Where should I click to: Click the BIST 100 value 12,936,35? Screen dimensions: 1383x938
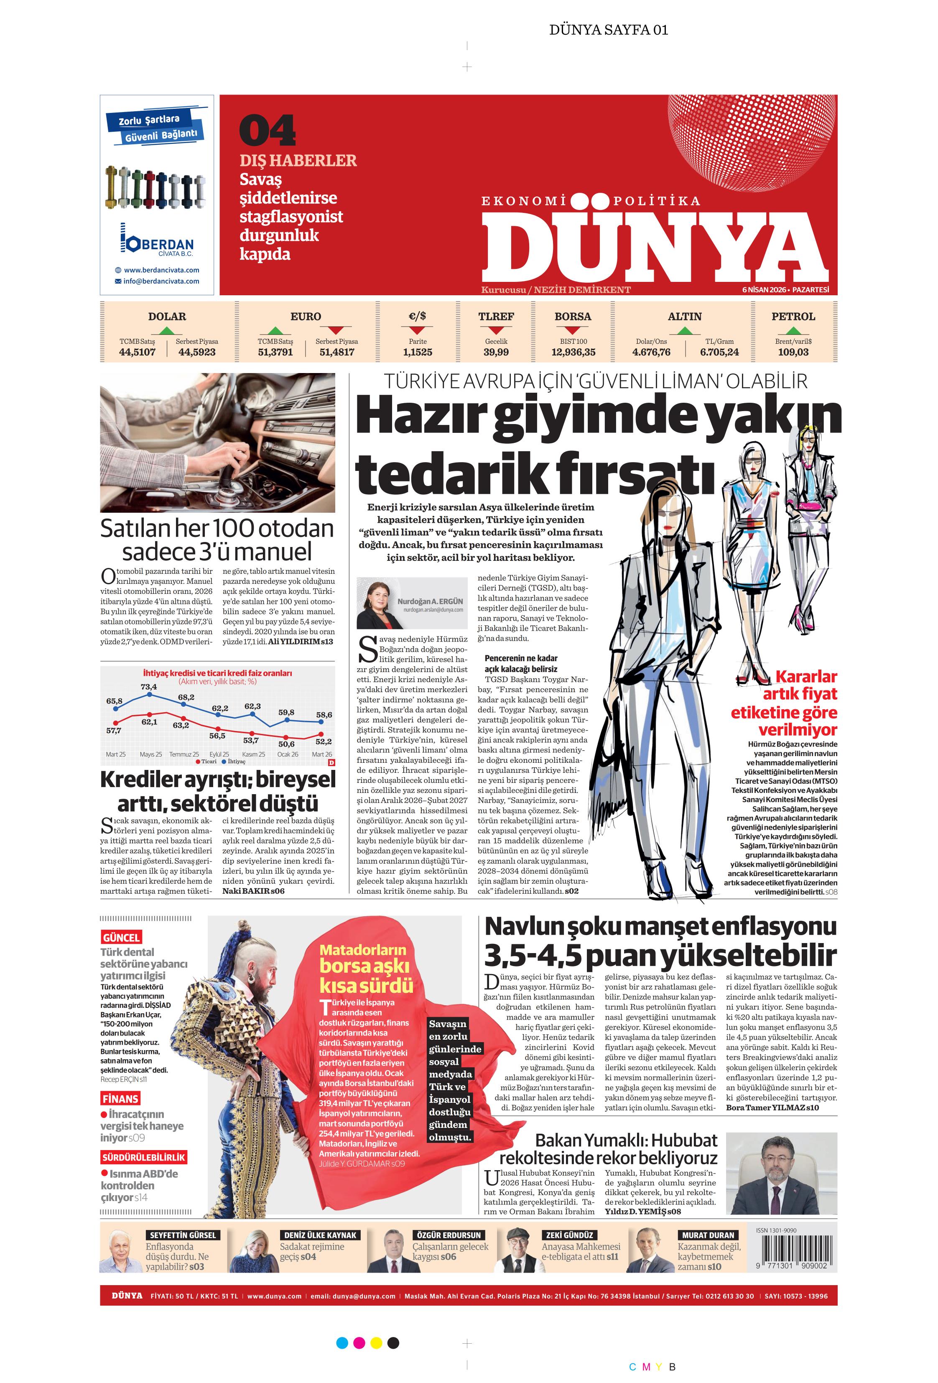573,352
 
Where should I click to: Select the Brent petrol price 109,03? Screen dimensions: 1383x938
793,352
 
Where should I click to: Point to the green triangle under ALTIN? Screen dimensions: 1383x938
685,331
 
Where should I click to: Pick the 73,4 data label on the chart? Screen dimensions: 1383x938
149,687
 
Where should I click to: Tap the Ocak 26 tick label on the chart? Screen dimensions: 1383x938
287,754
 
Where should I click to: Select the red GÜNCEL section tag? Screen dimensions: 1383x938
121,937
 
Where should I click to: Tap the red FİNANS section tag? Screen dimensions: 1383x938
120,1099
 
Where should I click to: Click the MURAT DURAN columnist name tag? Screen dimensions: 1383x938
708,1235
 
